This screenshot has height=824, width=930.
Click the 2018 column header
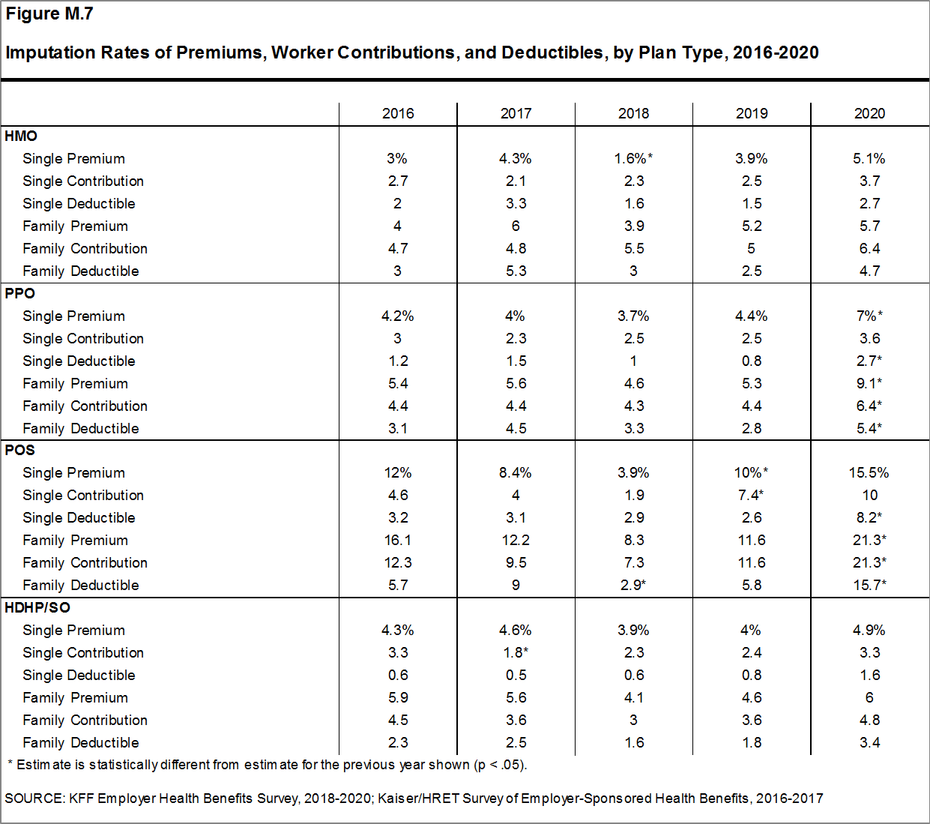633,113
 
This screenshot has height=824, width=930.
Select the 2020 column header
869,113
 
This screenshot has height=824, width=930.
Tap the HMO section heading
21,136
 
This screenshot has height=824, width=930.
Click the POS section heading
20,450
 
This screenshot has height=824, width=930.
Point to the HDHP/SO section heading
37,607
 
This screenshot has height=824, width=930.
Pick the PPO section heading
20,293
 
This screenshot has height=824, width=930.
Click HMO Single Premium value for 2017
516,158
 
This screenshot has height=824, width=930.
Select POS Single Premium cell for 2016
398,472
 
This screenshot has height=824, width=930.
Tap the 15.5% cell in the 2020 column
869,472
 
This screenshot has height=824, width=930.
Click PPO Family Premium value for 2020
869,383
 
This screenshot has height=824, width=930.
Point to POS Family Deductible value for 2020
869,585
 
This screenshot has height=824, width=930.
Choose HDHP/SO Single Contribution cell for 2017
516,652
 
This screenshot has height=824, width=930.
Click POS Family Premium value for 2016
398,540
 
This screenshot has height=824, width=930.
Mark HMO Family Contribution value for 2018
633,248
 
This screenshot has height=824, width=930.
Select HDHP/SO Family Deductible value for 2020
869,742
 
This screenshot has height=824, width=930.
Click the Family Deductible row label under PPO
81,428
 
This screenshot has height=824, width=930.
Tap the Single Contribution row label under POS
83,495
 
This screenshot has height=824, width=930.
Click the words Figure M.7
49,14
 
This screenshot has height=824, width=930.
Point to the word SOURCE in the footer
34,799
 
